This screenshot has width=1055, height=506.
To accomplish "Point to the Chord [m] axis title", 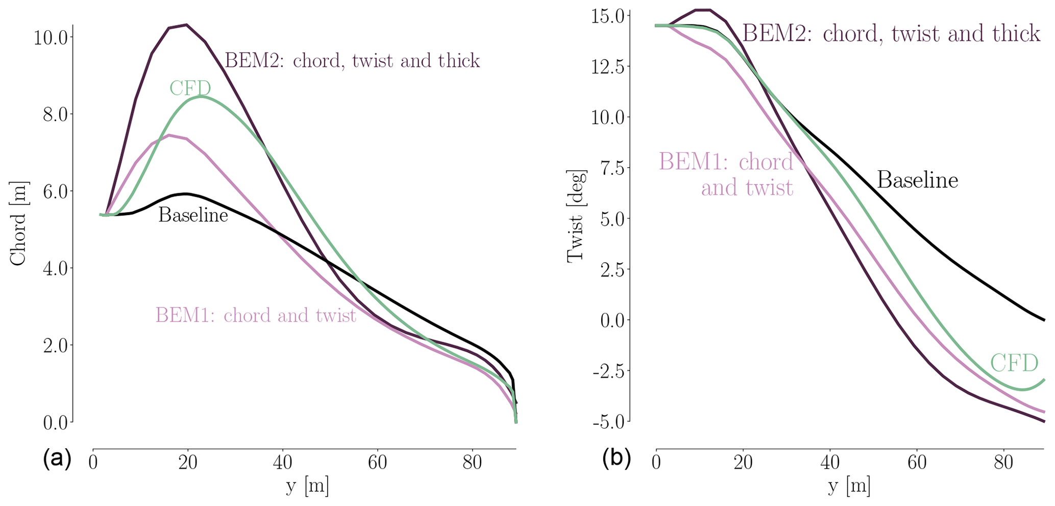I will click(18, 223).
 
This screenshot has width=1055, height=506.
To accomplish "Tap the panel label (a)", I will click(57, 458).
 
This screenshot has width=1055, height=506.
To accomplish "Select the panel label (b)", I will click(617, 458).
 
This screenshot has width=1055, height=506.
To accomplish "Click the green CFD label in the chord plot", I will click(190, 88).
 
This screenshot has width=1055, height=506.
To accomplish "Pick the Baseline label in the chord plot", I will click(193, 215).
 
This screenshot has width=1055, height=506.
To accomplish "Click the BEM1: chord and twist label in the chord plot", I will click(255, 315).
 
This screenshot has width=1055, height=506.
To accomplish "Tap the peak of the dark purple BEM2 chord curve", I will click(186, 25).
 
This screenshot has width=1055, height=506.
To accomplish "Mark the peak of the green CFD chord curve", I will click(201, 96).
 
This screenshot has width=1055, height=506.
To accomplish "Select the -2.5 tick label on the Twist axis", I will click(608, 371).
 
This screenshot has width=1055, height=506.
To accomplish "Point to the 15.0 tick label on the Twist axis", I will click(607, 16).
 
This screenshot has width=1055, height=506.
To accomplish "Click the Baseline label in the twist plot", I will click(917, 180).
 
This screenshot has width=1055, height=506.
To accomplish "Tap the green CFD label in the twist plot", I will click(1014, 363).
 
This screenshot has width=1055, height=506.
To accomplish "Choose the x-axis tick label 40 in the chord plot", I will click(282, 463).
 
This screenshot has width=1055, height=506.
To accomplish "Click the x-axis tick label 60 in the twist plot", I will click(917, 463).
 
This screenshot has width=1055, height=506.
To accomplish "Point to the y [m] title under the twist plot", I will click(848, 486).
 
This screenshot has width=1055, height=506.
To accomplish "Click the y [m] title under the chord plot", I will click(307, 486).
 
